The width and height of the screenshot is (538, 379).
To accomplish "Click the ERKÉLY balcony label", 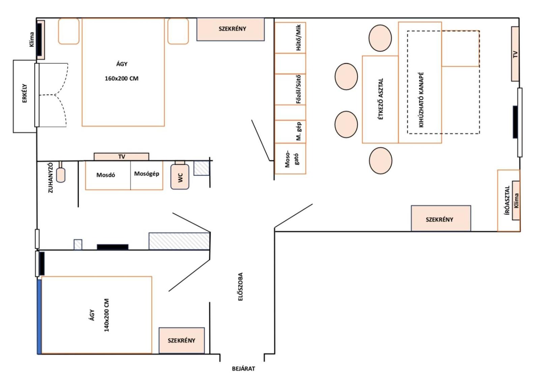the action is pyautogui.click(x=25, y=93).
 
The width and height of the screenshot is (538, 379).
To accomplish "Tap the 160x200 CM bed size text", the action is pyautogui.click(x=121, y=78).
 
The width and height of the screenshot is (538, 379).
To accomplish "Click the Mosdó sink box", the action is pyautogui.click(x=108, y=175).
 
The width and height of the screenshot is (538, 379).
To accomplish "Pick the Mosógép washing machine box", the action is pyautogui.click(x=147, y=175).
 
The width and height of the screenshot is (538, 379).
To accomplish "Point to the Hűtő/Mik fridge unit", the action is pyautogui.click(x=290, y=38).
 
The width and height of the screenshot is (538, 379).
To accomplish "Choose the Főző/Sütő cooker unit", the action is pyautogui.click(x=290, y=90).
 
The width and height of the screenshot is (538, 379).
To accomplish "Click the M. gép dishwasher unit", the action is pyautogui.click(x=290, y=131).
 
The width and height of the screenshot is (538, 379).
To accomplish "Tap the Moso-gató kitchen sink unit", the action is pyautogui.click(x=290, y=159).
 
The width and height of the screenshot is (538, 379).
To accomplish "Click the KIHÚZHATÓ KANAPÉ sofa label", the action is pyautogui.click(x=421, y=99).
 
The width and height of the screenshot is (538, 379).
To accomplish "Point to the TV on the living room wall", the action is pyautogui.click(x=515, y=54).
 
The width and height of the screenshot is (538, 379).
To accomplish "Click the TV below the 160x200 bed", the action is pyautogui.click(x=121, y=157).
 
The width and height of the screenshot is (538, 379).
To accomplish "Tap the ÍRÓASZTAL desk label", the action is pyautogui.click(x=507, y=200).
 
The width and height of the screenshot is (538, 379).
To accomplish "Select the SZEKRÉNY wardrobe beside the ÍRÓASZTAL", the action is pyautogui.click(x=441, y=218).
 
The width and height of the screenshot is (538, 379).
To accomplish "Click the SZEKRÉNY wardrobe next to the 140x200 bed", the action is pyautogui.click(x=181, y=340).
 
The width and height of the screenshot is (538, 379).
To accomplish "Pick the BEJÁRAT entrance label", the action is pyautogui.click(x=244, y=369).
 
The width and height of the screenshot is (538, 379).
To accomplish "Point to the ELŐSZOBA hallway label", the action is pyautogui.click(x=240, y=287).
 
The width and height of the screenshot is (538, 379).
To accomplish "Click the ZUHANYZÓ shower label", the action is pyautogui.click(x=51, y=178).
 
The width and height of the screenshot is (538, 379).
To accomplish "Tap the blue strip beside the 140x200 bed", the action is pyautogui.click(x=39, y=317).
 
